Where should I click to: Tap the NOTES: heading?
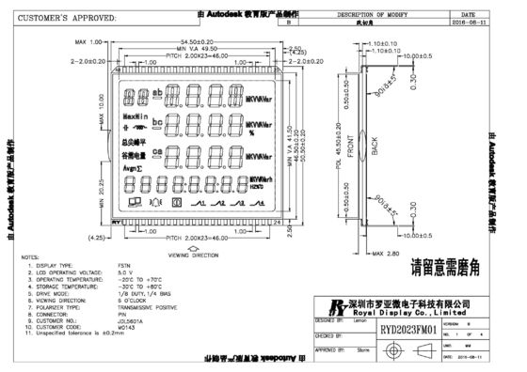pyautogui.click(x=29, y=256)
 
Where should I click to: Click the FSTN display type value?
pyautogui.click(x=125, y=265)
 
